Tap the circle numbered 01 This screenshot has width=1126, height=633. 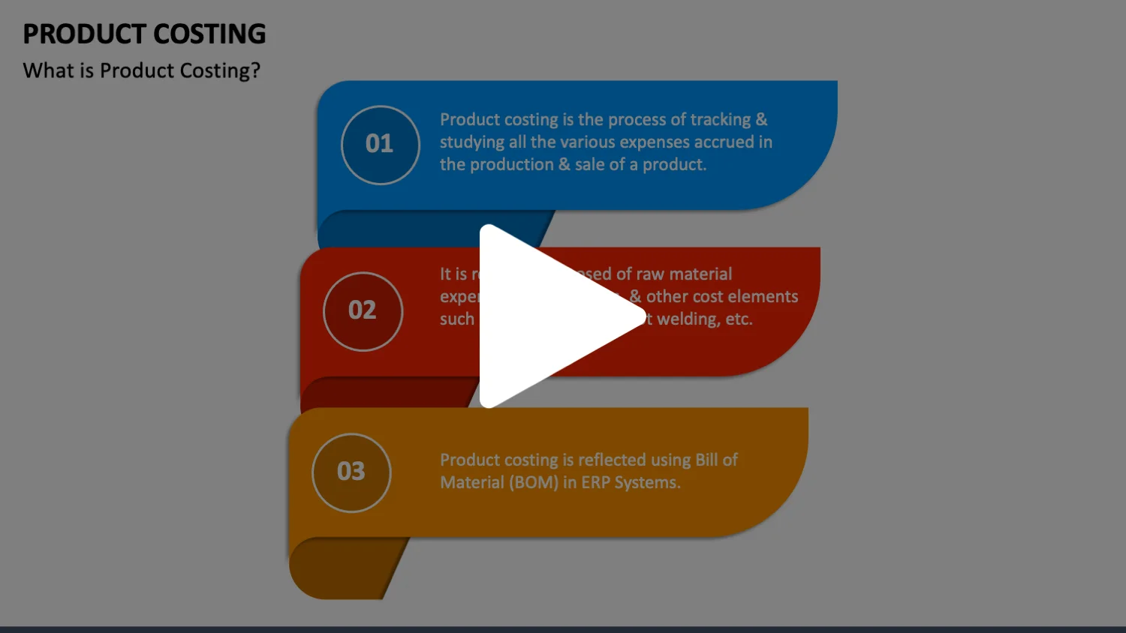coord(380,145)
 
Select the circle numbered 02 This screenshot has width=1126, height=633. coord(363,311)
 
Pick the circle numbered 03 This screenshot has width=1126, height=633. coord(351,472)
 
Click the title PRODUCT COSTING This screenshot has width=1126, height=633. coord(144,34)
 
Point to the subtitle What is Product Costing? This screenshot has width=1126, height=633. coord(141,70)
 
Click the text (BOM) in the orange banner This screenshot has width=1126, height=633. coord(534,483)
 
